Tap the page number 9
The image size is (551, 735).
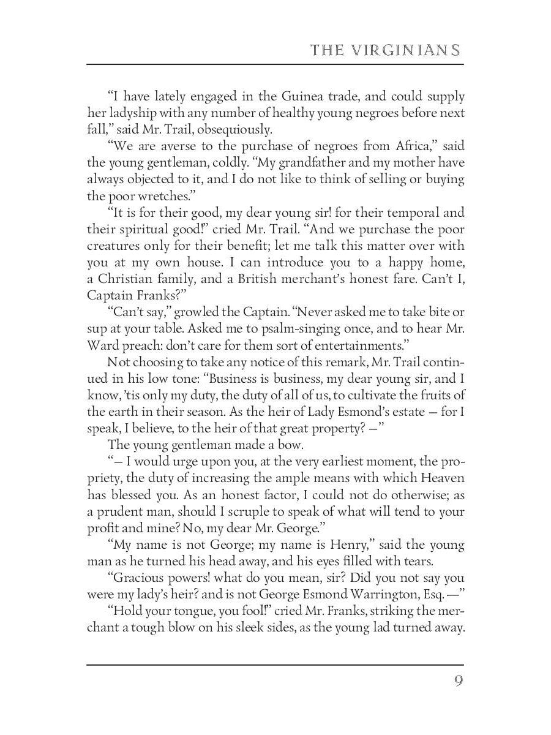458,682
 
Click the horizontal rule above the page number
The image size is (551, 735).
275,665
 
